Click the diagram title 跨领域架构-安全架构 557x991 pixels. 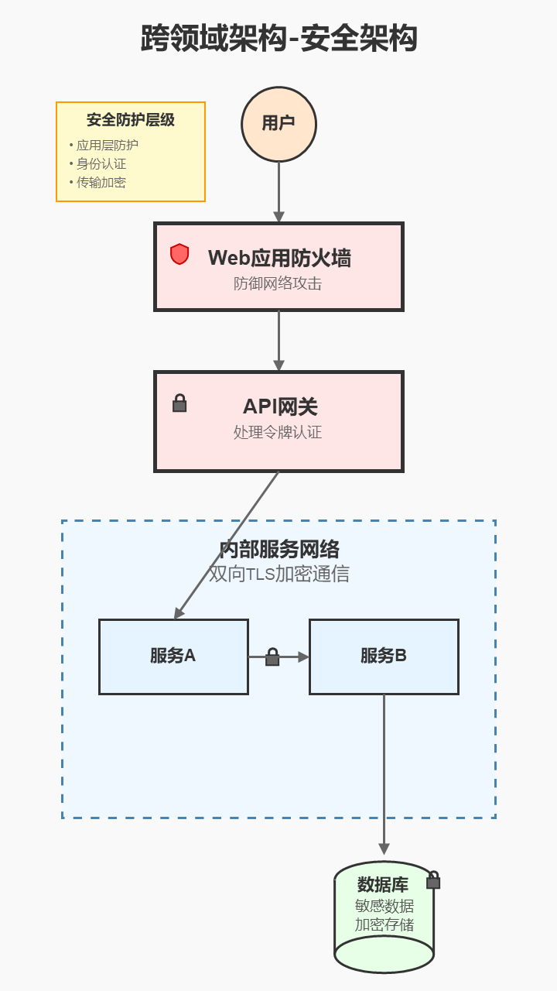[278, 39]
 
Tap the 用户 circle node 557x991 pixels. [278, 124]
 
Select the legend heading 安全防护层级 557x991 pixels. [130, 120]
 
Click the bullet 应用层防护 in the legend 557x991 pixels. [107, 145]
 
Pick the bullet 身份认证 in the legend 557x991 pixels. [101, 163]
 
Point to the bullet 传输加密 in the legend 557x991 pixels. [101, 183]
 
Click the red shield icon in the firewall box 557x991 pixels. [179, 254]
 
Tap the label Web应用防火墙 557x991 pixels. [279, 258]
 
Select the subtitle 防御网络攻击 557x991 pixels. [278, 283]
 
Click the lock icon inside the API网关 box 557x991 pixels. [179, 403]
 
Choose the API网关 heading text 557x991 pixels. [280, 406]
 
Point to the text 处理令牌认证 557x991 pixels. [278, 432]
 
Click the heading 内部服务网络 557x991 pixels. [278, 550]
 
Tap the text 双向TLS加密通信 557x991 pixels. [278, 574]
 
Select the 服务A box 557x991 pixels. [173, 657]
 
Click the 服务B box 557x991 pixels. [384, 657]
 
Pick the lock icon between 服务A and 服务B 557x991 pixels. [272, 657]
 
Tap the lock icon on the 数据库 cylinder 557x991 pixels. [433, 880]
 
